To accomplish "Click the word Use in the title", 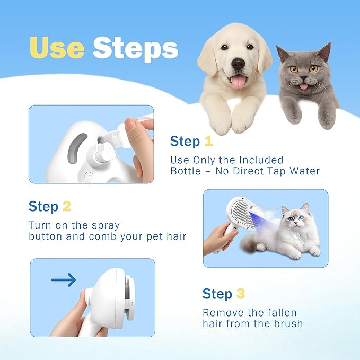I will click(58, 48).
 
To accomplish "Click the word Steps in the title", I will click(135, 48).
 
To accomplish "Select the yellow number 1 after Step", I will click(208, 142).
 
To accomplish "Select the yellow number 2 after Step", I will click(66, 206).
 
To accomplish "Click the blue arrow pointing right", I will click(63, 280).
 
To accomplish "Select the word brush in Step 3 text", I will click(286, 323).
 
